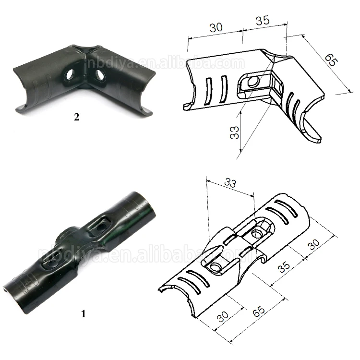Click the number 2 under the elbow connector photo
coord(77,117)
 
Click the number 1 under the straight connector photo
coord(84,313)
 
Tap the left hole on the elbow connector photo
coord(69,75)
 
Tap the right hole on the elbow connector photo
coord(99,75)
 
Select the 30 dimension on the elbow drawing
coord(216,27)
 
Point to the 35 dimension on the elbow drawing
coord(263,21)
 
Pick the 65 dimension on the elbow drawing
coord(331,60)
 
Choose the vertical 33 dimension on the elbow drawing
coord(234,132)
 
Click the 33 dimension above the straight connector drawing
coord(230,182)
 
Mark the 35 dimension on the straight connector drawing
coord(284,267)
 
